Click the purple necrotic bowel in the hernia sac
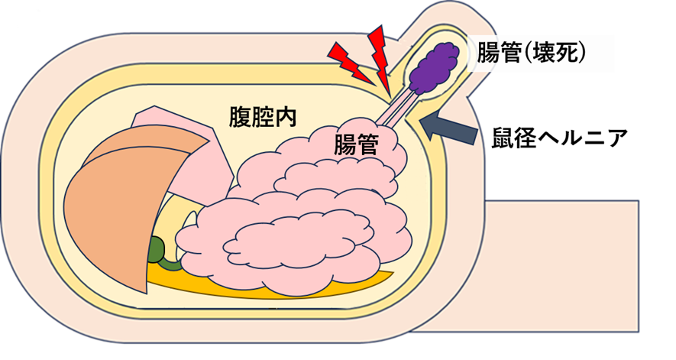(432, 64)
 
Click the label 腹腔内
(264, 118)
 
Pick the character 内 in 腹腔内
(286, 118)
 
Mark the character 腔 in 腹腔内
(264, 118)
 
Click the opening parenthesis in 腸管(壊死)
(527, 54)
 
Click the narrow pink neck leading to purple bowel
(398, 110)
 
